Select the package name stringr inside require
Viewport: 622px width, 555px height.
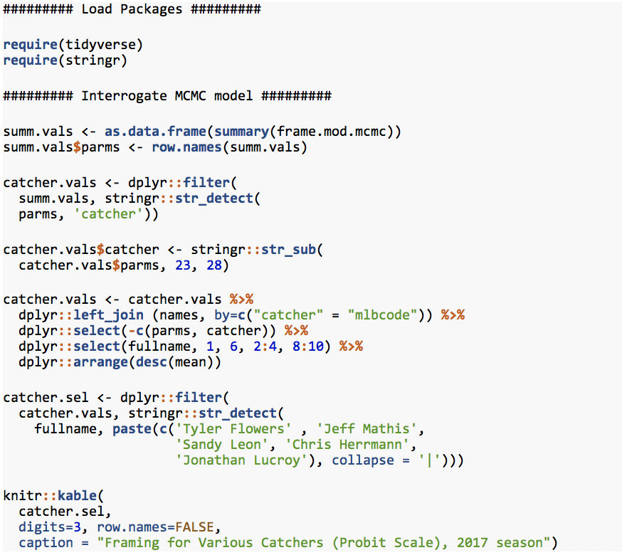93,60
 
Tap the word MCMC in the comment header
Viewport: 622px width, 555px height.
191,96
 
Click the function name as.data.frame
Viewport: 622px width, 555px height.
155,132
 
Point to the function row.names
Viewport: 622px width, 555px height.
186,147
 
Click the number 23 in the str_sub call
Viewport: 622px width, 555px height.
183,265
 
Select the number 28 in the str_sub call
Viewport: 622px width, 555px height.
214,265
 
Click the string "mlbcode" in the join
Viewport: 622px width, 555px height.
382,315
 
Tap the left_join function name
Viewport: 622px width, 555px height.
108,315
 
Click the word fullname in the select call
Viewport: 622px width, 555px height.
159,347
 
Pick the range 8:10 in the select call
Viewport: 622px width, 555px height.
308,347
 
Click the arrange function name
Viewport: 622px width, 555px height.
101,362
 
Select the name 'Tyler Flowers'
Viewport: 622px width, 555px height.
233,429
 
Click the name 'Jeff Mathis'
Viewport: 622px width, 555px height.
367,429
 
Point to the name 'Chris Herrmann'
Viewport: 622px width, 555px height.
347,445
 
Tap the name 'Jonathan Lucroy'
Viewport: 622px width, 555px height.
241,460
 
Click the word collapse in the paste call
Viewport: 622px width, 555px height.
363,460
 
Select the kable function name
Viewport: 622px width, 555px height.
77,496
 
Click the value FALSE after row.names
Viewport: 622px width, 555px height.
194,527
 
